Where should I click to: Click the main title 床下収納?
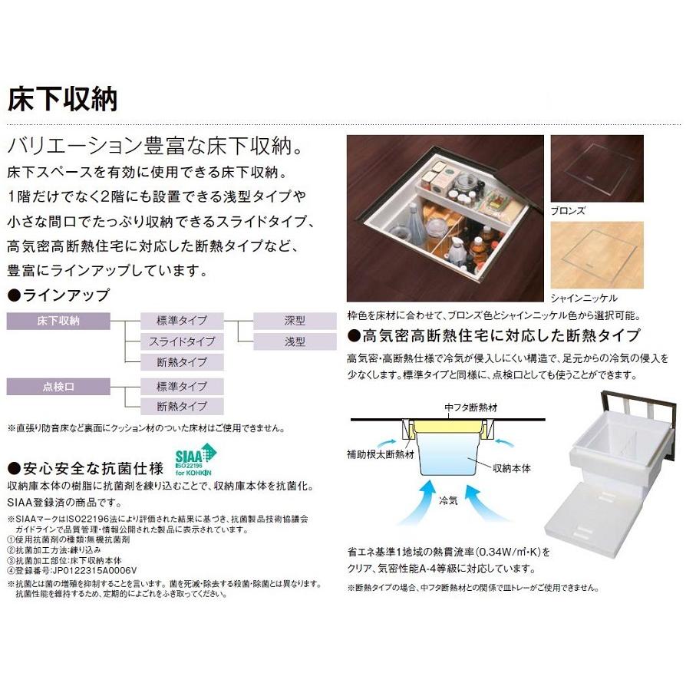coord(62,99)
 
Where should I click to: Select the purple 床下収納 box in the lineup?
coord(58,321)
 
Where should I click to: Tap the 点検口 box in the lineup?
coord(58,386)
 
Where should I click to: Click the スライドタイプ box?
coord(183,341)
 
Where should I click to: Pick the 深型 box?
coord(294,321)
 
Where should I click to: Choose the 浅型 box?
coord(294,341)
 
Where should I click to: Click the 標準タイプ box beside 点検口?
coord(183,386)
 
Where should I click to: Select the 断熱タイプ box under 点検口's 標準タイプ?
coord(183,407)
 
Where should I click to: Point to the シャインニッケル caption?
coord(583,297)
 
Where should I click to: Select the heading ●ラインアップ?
coord(58,295)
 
